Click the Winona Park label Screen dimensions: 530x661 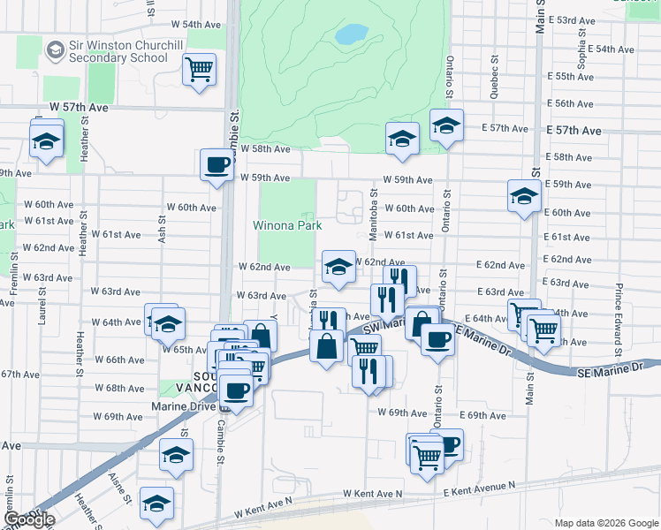pos(287,225)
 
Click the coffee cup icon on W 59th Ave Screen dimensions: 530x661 pos(217,163)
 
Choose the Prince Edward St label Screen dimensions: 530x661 pos(619,308)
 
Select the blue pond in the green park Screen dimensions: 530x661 pos(351,34)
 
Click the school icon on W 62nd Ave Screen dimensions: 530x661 pos(337,267)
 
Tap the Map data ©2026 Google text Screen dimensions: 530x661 pos(606,523)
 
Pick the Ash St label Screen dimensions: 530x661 pos(162,230)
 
